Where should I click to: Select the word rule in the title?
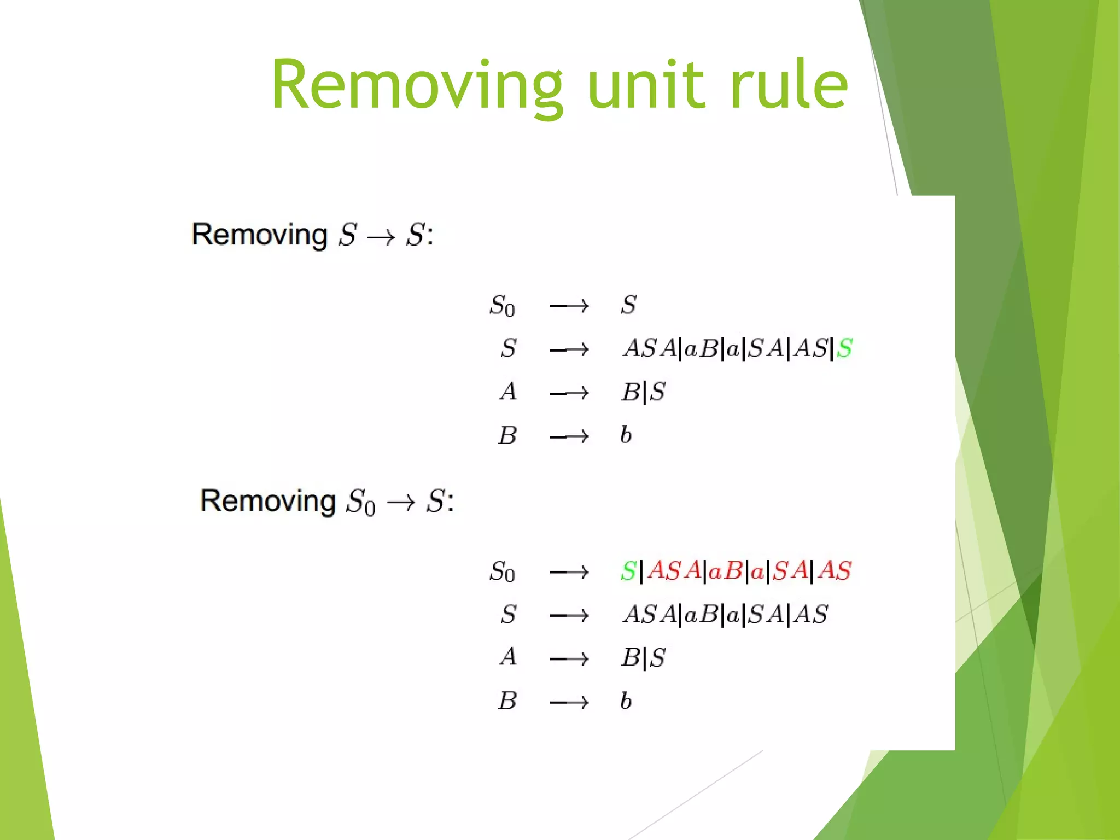tap(788, 85)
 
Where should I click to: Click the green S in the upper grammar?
tap(844, 348)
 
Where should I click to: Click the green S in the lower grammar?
tap(628, 571)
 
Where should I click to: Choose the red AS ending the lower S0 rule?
tap(835, 571)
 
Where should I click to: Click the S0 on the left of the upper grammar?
tap(502, 305)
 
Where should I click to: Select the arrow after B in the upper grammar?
tap(569, 436)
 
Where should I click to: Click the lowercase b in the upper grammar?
tap(626, 435)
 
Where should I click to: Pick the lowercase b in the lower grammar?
tap(626, 701)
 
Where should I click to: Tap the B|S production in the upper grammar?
tap(643, 392)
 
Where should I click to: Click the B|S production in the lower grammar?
tap(643, 658)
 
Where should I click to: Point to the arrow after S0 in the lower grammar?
tap(569, 572)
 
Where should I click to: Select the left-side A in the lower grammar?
tap(508, 657)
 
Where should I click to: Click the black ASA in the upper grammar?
tap(650, 348)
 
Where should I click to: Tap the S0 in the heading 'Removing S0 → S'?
tap(360, 502)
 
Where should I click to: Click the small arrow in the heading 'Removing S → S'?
tap(381, 237)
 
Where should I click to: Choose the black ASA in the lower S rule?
tap(650, 615)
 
